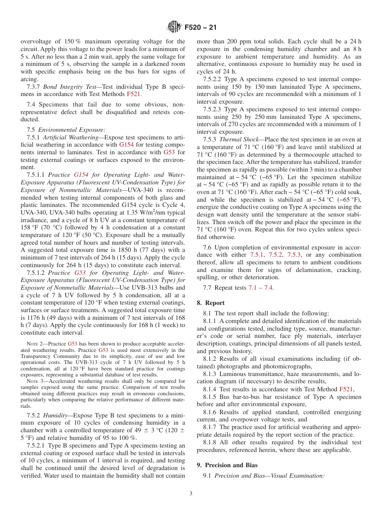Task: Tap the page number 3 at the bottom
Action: pos(191,494)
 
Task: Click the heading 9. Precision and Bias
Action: pos(227,465)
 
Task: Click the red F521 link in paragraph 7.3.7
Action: pos(133,94)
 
